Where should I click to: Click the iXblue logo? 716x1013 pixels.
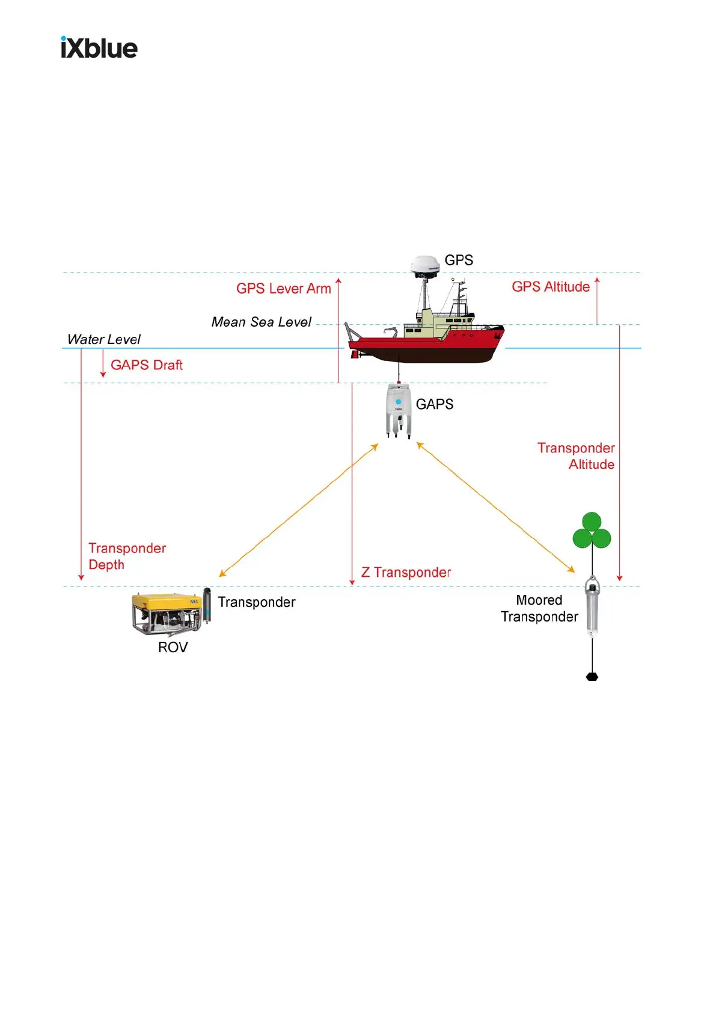coord(99,48)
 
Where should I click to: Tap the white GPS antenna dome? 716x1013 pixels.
coord(425,265)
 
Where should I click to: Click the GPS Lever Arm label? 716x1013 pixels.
coord(283,289)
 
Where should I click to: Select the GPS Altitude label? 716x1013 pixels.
coord(550,287)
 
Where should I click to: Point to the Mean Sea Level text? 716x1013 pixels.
coord(261,322)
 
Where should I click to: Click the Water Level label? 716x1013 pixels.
coord(103,340)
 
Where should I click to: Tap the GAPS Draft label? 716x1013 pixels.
coord(146,365)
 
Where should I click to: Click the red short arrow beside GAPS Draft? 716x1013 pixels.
coord(103,364)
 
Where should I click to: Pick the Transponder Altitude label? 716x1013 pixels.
coord(576,456)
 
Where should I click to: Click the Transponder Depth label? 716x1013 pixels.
coord(126,556)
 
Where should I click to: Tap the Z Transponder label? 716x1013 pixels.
coord(406,573)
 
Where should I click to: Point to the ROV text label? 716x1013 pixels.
coord(173,647)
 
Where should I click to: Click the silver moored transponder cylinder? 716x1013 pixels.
coord(592,606)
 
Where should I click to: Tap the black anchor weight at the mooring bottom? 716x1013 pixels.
coord(592,677)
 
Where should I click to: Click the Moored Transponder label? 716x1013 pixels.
coord(539,609)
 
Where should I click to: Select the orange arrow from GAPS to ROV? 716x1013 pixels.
coord(298,510)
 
